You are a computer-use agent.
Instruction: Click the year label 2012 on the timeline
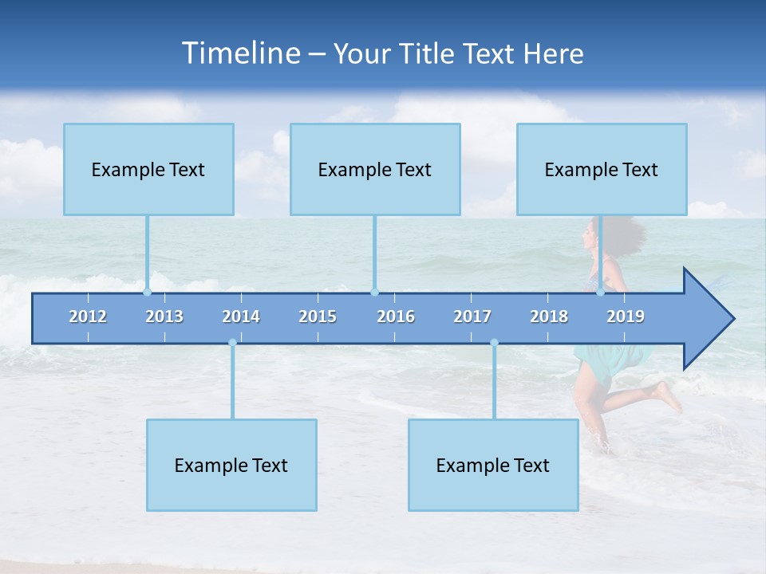[x=88, y=316]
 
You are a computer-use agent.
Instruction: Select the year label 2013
[x=164, y=316]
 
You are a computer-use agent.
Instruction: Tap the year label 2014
[x=241, y=316]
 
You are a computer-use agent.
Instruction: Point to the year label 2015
[x=318, y=316]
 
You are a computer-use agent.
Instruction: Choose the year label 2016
[x=396, y=316]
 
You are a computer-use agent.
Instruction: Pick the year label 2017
[x=472, y=316]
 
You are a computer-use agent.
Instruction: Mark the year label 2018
[x=549, y=316]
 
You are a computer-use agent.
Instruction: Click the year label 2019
[x=626, y=316]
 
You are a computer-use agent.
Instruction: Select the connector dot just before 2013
[x=148, y=292]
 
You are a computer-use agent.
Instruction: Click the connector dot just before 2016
[x=374, y=292]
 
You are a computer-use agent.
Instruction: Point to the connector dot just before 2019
[x=601, y=292]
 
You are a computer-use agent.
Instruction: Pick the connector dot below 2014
[x=232, y=343]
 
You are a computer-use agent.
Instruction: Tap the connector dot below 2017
[x=494, y=343]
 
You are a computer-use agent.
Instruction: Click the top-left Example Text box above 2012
[x=148, y=169]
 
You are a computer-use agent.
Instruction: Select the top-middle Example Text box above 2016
[x=375, y=169]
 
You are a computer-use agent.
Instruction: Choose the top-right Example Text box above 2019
[x=602, y=169]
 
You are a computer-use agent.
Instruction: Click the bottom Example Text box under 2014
[x=231, y=465]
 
